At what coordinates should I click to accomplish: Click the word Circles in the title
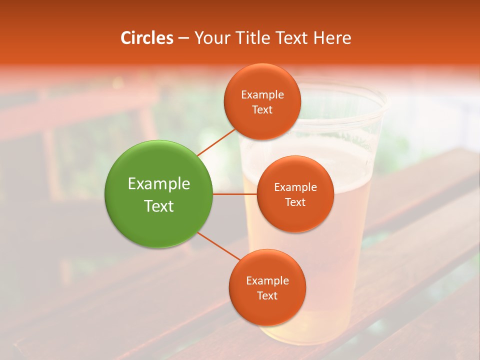pyautogui.click(x=146, y=38)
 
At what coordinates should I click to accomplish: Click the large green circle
pyautogui.click(x=158, y=194)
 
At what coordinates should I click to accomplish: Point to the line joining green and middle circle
pyautogui.click(x=235, y=193)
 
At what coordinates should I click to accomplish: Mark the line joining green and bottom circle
pyautogui.click(x=218, y=246)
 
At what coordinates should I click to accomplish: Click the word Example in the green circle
pyautogui.click(x=158, y=184)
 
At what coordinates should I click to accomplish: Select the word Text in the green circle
pyautogui.click(x=158, y=206)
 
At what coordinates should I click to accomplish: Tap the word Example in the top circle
pyautogui.click(x=262, y=94)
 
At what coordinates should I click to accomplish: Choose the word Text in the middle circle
pyautogui.click(x=295, y=202)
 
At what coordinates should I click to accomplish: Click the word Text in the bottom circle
pyautogui.click(x=267, y=295)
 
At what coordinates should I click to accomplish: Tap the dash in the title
pyautogui.click(x=183, y=38)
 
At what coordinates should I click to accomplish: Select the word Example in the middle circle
pyautogui.click(x=295, y=187)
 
